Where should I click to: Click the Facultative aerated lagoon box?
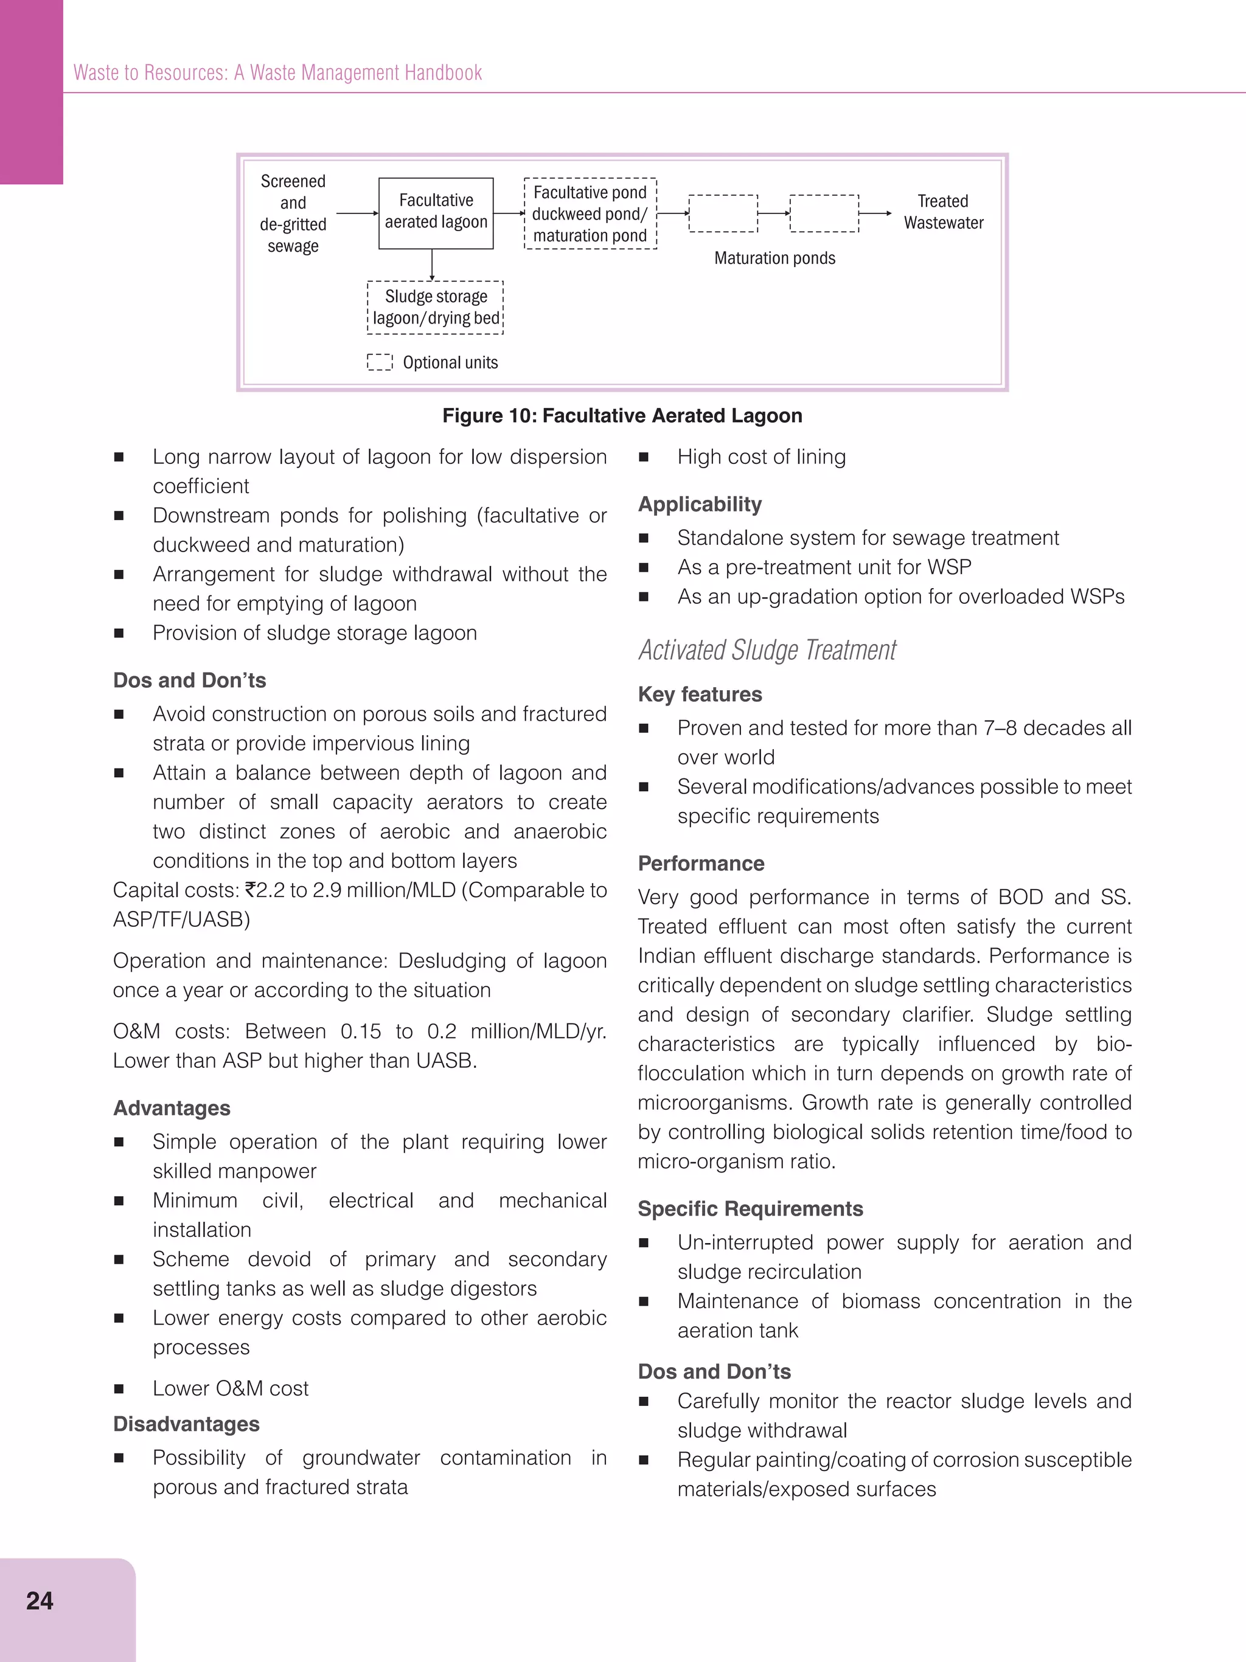pyautogui.click(x=436, y=213)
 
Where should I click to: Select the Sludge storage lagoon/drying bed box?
pyautogui.click(x=435, y=307)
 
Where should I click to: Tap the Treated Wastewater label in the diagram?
pyautogui.click(x=943, y=212)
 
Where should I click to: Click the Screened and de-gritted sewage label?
pyautogui.click(x=293, y=213)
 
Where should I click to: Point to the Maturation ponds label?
pyautogui.click(x=774, y=258)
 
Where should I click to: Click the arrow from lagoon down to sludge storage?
pyautogui.click(x=432, y=265)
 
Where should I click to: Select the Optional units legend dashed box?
pyautogui.click(x=380, y=363)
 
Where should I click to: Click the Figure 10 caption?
pyautogui.click(x=622, y=415)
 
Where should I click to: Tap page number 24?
pyautogui.click(x=40, y=1601)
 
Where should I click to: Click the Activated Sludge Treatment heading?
pyautogui.click(x=767, y=650)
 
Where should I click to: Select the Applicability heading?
pyautogui.click(x=700, y=504)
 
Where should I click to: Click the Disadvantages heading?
pyautogui.click(x=186, y=1424)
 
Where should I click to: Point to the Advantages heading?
pyautogui.click(x=172, y=1108)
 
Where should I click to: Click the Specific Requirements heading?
pyautogui.click(x=750, y=1209)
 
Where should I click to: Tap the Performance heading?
pyautogui.click(x=700, y=864)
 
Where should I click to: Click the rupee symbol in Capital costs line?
pyautogui.click(x=250, y=890)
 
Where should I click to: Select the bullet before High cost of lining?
pyautogui.click(x=643, y=457)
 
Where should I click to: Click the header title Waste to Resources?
pyautogui.click(x=277, y=73)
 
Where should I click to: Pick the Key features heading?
pyautogui.click(x=700, y=694)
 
